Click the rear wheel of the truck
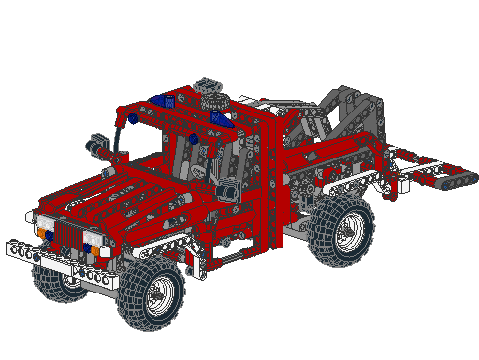[342, 231]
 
